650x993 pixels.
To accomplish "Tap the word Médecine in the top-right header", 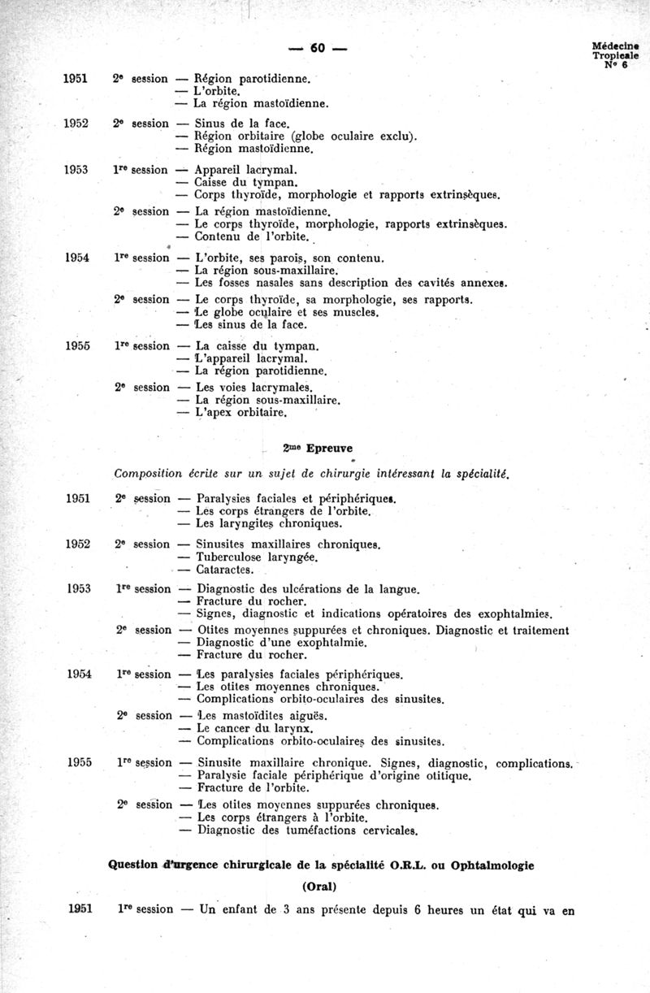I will coord(615,46).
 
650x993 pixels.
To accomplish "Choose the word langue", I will coord(398,588).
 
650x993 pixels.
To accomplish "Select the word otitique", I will coord(444,776).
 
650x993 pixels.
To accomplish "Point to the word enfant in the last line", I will coord(242,910).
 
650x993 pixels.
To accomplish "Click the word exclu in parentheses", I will coord(396,136).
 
